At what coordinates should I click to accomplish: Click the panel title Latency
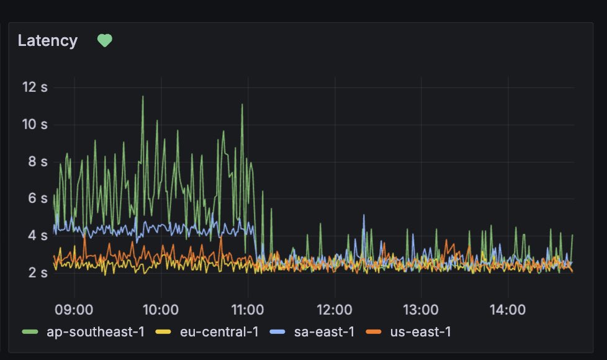tap(48, 41)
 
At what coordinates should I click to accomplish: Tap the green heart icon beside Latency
tap(105, 41)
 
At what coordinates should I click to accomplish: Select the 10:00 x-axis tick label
tap(161, 308)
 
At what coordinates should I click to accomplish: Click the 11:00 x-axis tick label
tap(248, 308)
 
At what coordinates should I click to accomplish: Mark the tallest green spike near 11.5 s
tap(143, 96)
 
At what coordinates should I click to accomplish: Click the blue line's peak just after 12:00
tap(364, 215)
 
